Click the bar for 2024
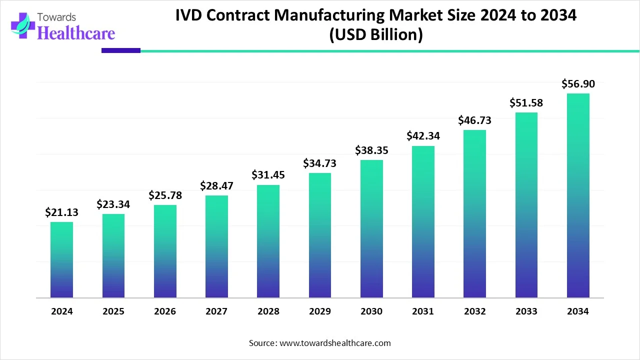61,260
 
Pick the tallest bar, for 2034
578,195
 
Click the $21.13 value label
61,212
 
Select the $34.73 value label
319,163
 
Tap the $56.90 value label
578,84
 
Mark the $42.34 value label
423,136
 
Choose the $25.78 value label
165,195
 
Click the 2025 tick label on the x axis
113,311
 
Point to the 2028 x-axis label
268,311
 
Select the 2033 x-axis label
526,311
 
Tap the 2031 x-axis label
423,311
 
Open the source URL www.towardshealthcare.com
334,343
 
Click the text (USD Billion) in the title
375,35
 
